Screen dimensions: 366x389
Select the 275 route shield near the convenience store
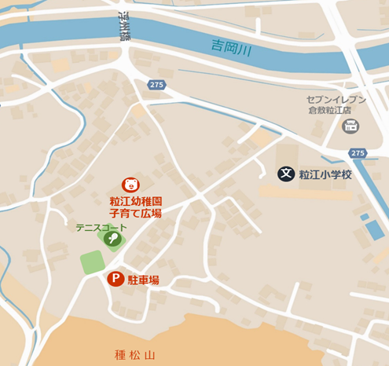[x=358, y=153]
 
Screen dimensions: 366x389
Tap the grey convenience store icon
[x=350, y=126]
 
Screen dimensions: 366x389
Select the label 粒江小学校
[x=325, y=174]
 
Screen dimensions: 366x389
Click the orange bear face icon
[x=130, y=184]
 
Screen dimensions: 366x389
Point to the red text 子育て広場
[x=135, y=212]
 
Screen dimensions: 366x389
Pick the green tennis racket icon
[x=113, y=238]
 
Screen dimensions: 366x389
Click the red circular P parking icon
[x=116, y=279]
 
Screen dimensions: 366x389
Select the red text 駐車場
[x=143, y=279]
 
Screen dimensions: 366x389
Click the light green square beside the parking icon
[x=92, y=262]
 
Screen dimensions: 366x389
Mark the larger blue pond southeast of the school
[x=375, y=229]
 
